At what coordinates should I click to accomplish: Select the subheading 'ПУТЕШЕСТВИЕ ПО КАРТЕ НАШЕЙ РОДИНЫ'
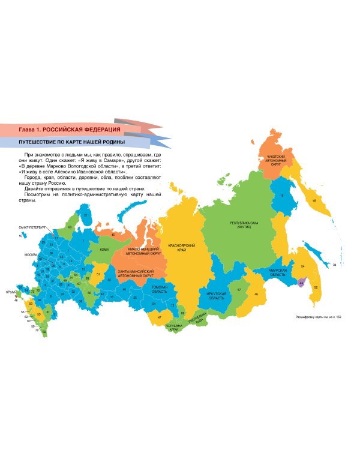tap(72, 142)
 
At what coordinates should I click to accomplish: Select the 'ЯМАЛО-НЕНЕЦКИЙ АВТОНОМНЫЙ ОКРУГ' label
tap(143, 250)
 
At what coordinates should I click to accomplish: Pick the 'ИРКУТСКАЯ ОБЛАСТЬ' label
tap(216, 295)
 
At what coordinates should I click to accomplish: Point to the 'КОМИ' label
tap(104, 249)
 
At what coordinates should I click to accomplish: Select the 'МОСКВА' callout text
tap(31, 255)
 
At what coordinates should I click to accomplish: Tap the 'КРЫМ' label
tap(9, 292)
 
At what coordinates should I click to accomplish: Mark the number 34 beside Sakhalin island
tap(334, 264)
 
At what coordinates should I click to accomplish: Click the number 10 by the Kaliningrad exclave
tap(20, 236)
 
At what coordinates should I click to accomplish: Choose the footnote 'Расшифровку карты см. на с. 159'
tap(318, 317)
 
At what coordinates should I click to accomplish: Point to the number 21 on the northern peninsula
tap(86, 214)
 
